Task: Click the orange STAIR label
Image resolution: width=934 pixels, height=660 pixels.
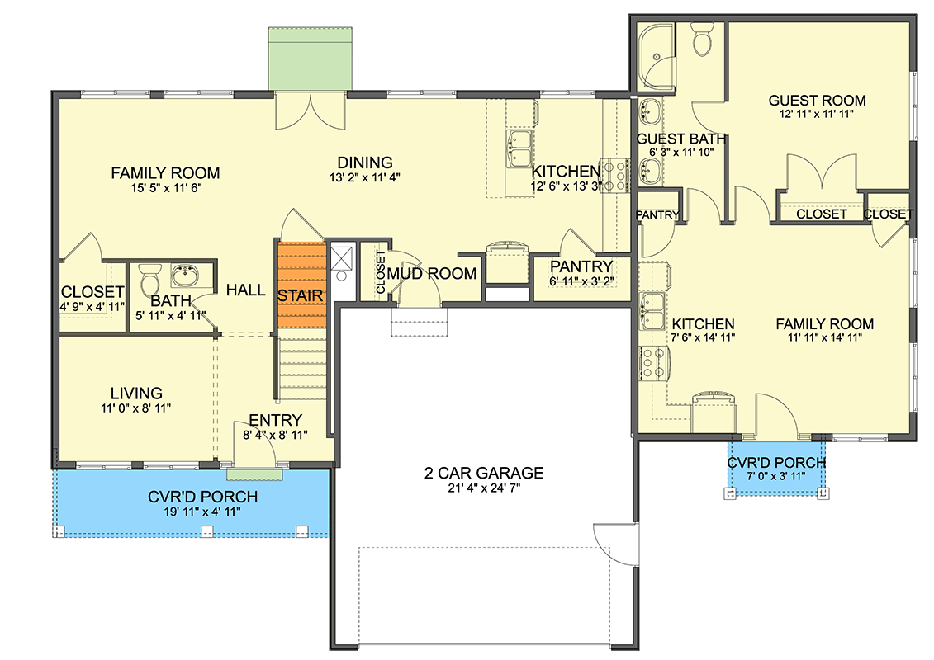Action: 301,296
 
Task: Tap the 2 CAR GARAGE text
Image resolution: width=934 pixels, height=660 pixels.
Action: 484,473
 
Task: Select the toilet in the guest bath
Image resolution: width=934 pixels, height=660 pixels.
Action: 702,40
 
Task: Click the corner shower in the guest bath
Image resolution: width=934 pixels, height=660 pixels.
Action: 656,57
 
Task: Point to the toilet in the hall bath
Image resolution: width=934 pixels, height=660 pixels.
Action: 149,279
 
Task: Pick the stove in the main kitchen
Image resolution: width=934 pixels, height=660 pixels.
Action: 614,177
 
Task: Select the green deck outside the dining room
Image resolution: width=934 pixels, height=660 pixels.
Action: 310,59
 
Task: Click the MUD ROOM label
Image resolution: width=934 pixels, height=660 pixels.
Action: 432,274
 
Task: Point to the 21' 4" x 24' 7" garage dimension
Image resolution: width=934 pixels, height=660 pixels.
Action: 484,488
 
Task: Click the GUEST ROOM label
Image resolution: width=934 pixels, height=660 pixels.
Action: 817,101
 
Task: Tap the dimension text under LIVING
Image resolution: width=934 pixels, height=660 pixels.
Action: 135,408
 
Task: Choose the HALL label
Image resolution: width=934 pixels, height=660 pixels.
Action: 245,290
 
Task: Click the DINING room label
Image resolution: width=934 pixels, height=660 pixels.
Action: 365,163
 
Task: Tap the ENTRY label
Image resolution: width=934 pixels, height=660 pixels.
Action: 275,420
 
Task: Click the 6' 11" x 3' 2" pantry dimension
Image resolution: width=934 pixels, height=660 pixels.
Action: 581,280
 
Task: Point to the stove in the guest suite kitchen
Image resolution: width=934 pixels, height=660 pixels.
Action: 654,364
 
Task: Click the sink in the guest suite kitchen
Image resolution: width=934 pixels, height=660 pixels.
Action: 652,311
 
